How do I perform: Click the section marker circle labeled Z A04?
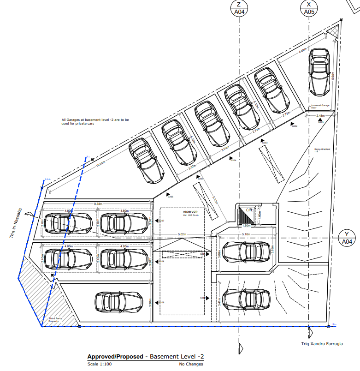pos(239,8)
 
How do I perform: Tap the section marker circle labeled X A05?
pos(308,8)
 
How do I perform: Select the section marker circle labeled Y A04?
pos(347,237)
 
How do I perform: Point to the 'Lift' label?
pos(250,210)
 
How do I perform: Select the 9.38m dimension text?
pos(98,203)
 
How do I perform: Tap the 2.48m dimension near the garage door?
pos(320,116)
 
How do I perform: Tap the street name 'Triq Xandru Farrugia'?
pos(322,344)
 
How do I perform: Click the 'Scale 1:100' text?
pos(99,364)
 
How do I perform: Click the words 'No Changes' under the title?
pos(191,364)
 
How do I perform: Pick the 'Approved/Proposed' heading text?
pos(115,357)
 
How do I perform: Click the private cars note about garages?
pos(95,121)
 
